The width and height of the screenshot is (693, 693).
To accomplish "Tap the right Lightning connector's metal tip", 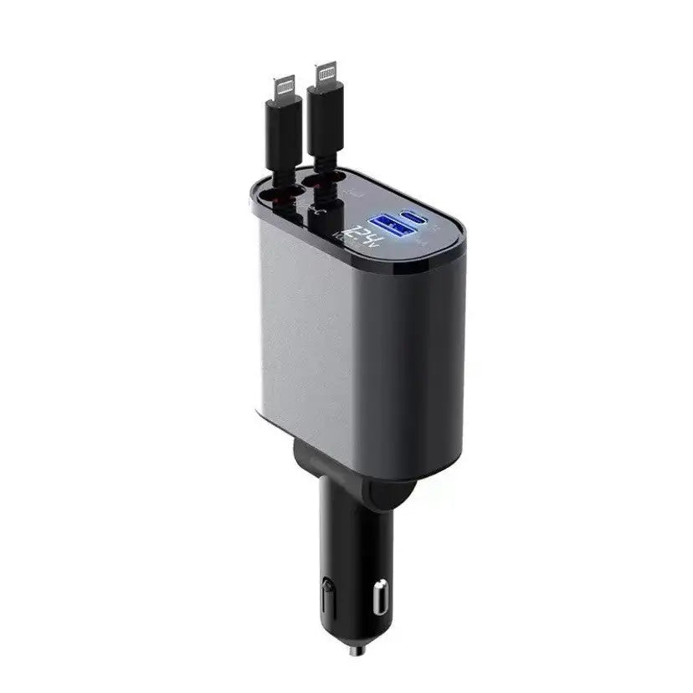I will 326,74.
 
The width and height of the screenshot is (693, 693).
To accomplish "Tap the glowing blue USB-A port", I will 391,224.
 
